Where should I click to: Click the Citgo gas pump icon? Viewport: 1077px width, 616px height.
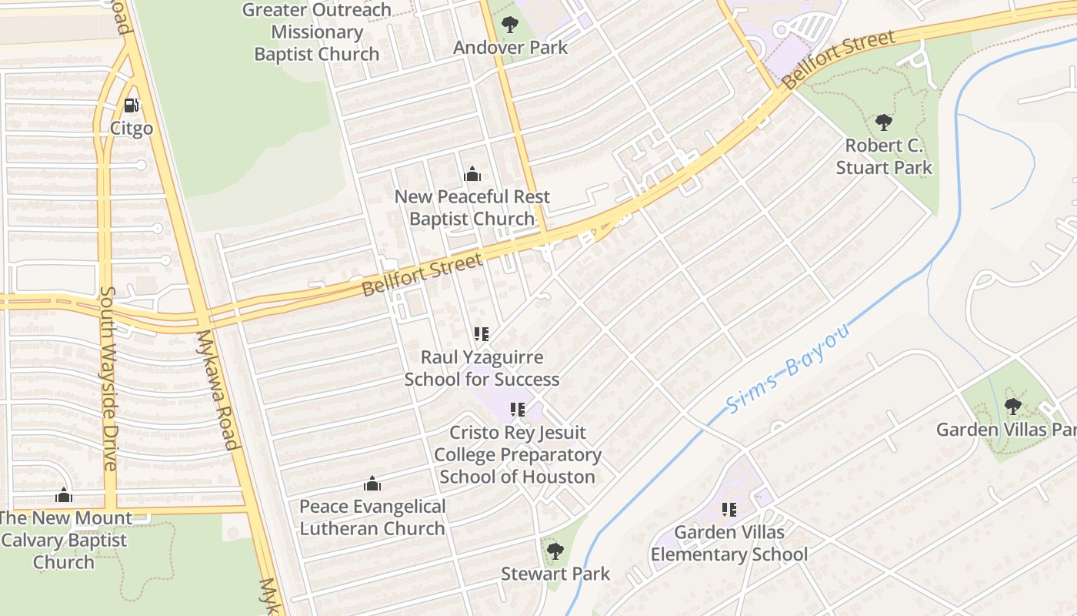(x=132, y=105)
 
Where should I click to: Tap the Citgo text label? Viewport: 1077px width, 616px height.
(x=132, y=128)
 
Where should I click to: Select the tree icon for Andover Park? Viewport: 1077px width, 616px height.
(x=508, y=24)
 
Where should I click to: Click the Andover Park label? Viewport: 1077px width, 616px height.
(x=510, y=47)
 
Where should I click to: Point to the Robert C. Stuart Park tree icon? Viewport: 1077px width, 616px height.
(x=883, y=122)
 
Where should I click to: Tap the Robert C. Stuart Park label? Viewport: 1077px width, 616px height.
(x=883, y=156)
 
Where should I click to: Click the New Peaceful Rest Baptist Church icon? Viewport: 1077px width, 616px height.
(x=472, y=175)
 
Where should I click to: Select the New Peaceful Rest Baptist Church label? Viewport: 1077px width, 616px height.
(x=472, y=208)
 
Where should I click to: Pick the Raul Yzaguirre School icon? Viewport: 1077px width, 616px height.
(x=482, y=334)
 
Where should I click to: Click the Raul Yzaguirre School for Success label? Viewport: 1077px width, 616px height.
(x=482, y=368)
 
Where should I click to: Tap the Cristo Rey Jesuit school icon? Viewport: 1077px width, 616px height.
(x=518, y=410)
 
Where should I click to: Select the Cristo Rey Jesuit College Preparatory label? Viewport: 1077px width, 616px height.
(x=518, y=454)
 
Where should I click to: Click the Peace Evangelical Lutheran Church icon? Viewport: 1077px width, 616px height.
(x=372, y=484)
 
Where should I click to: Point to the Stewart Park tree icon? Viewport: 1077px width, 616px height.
(x=555, y=551)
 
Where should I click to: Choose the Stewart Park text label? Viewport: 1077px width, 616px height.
(x=555, y=574)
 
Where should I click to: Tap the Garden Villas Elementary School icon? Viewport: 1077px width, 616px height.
(x=729, y=509)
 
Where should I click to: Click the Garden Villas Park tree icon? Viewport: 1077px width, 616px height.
(x=1013, y=406)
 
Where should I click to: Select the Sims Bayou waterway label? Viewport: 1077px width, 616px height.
(x=789, y=368)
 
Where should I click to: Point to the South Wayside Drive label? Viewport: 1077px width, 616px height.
(x=108, y=378)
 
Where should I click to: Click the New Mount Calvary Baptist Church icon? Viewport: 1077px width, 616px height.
(x=64, y=495)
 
